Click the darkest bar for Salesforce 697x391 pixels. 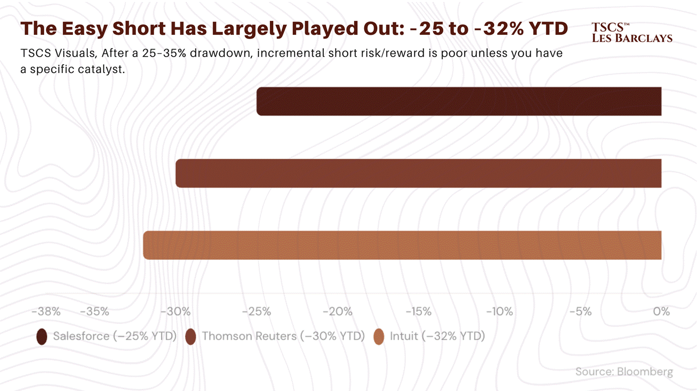tap(459, 101)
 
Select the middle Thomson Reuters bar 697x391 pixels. tap(418, 173)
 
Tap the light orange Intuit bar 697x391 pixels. tap(402, 245)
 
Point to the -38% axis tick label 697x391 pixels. tap(46, 312)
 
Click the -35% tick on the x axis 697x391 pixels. tap(94, 312)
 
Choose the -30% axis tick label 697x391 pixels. tap(175, 312)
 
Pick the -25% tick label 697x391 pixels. tap(256, 312)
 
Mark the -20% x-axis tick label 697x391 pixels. tap(338, 312)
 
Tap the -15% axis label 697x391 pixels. tap(418, 312)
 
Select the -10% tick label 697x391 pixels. tap(499, 312)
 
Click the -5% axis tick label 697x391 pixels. tap(581, 312)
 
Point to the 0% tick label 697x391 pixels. tap(662, 312)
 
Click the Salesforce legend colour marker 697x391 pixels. tap(42, 336)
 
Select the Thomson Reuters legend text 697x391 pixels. tap(284, 336)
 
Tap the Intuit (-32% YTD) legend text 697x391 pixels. tap(438, 336)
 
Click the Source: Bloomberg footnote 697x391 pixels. tap(624, 372)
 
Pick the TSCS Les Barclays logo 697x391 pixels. tap(632, 32)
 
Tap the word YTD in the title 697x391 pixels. tap(548, 28)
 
